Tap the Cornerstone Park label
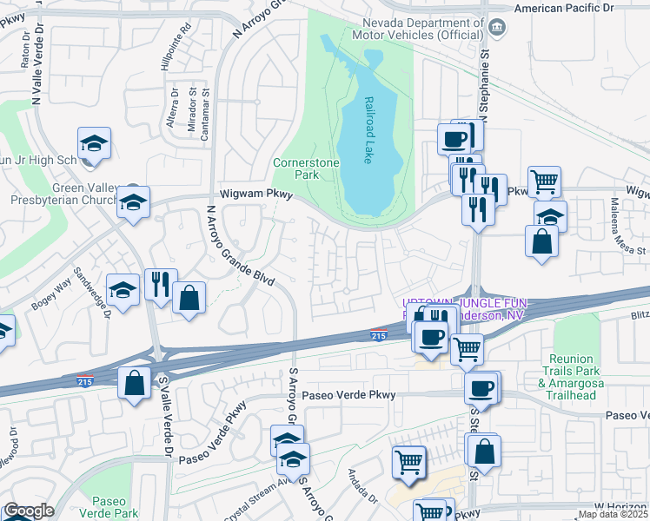pos(306,168)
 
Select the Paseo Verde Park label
pos(115,507)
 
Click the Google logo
pos(28,511)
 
